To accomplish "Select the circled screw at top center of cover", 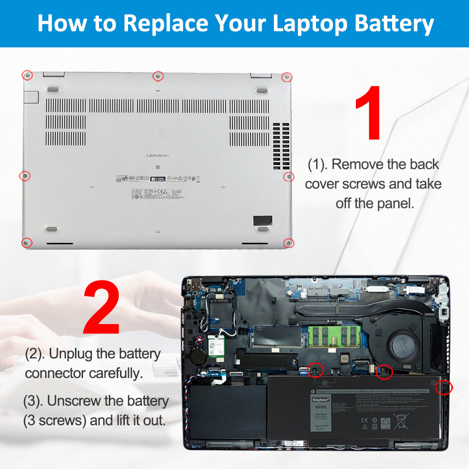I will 158,76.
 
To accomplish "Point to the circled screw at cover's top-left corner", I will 28,76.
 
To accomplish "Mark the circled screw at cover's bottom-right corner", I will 288,242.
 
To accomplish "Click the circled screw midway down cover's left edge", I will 25,176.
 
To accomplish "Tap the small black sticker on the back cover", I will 262,207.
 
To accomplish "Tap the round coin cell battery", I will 199,355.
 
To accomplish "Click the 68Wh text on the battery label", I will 319,408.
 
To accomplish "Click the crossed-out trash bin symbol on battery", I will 401,421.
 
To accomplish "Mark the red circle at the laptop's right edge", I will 444,387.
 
